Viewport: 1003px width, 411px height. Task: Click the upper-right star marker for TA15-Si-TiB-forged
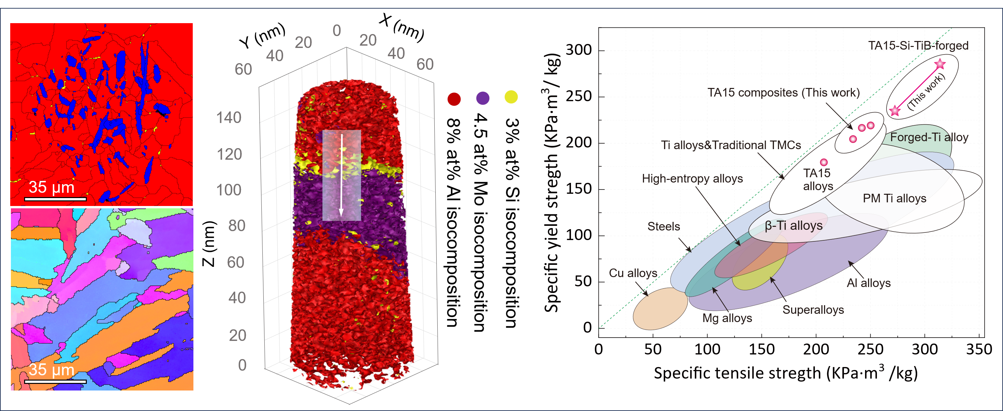tap(940, 64)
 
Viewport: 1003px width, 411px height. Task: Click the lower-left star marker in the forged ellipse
tap(895, 111)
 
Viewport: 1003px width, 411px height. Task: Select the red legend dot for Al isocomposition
tap(454, 99)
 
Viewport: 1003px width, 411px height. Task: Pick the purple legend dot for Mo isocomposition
tap(483, 98)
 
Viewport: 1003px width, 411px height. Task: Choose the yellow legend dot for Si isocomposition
tap(511, 97)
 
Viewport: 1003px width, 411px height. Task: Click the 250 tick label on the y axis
tap(579, 96)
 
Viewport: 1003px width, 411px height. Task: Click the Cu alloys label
tap(633, 273)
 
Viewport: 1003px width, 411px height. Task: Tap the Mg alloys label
tap(727, 318)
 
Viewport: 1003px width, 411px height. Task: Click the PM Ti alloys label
tap(894, 198)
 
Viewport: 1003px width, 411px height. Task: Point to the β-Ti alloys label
tap(793, 226)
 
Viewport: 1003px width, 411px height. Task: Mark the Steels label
tap(663, 226)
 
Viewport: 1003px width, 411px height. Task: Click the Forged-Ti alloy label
tap(929, 137)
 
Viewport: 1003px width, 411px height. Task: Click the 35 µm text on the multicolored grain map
tap(51, 370)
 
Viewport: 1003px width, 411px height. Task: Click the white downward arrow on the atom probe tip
tap(341, 176)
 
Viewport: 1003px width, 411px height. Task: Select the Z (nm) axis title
tap(209, 244)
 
